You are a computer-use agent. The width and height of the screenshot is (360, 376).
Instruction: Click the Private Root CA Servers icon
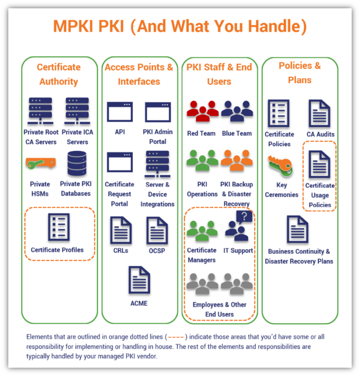(40, 110)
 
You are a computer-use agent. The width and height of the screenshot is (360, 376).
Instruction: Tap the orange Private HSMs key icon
(41, 163)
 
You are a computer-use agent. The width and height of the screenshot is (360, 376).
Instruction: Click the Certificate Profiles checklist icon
(58, 227)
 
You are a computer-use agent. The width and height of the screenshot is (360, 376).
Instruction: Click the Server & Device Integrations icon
(157, 162)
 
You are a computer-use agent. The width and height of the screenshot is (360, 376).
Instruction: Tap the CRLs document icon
(120, 230)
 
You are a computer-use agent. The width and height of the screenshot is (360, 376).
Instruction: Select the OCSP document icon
(157, 230)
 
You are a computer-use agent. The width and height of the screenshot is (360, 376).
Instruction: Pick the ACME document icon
(139, 280)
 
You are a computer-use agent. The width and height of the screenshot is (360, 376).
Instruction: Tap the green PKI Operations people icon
(202, 161)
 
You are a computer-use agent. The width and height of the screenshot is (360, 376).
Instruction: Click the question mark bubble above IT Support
(244, 216)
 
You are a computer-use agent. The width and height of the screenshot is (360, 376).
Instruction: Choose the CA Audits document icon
(320, 113)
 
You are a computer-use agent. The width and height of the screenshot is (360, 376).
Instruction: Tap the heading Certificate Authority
(59, 74)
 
